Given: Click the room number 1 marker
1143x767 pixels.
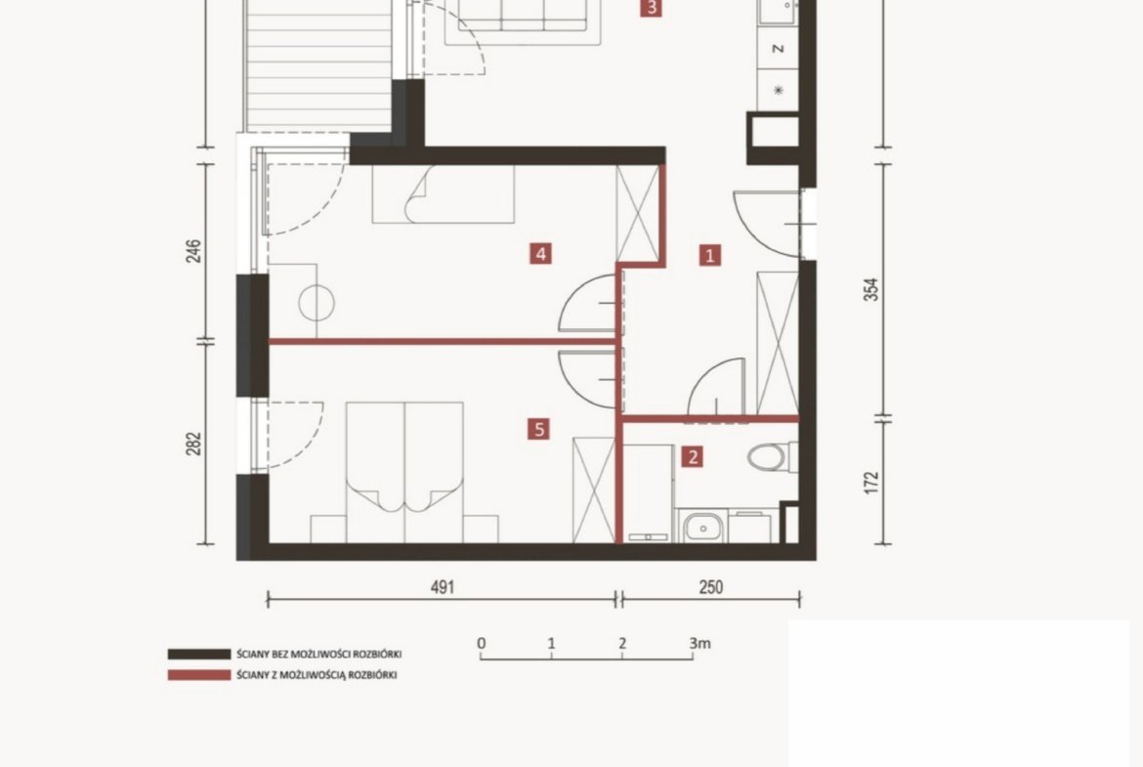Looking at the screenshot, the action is (710, 255).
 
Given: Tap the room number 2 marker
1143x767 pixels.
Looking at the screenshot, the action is (693, 457).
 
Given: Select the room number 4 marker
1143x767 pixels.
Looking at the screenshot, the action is (540, 254).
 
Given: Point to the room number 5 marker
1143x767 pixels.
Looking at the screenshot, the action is (538, 429).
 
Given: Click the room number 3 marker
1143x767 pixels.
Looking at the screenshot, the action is (651, 8).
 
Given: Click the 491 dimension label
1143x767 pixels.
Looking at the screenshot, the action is (443, 587).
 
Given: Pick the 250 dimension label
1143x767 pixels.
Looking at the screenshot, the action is (711, 587).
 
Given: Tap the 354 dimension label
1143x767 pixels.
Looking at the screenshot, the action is (871, 289).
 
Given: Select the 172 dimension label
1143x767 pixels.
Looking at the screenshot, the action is (871, 483).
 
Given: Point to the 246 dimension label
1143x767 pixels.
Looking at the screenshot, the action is (193, 251).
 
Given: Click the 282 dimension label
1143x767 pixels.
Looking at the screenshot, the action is (193, 444).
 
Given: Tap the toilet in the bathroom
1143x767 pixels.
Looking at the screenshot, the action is (772, 457).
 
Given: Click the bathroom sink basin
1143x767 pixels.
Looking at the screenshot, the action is (702, 526).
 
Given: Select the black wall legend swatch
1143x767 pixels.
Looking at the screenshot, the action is (199, 654).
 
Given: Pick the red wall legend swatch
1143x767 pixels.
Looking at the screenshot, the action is (199, 675).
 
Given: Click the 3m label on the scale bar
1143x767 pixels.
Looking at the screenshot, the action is (699, 643).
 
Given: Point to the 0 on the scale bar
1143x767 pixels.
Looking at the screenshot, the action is (481, 643).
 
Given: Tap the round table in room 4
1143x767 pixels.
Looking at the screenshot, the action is (317, 303).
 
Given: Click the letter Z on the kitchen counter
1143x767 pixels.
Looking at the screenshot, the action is (779, 48).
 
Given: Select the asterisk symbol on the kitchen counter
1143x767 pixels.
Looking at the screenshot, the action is (779, 91).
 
